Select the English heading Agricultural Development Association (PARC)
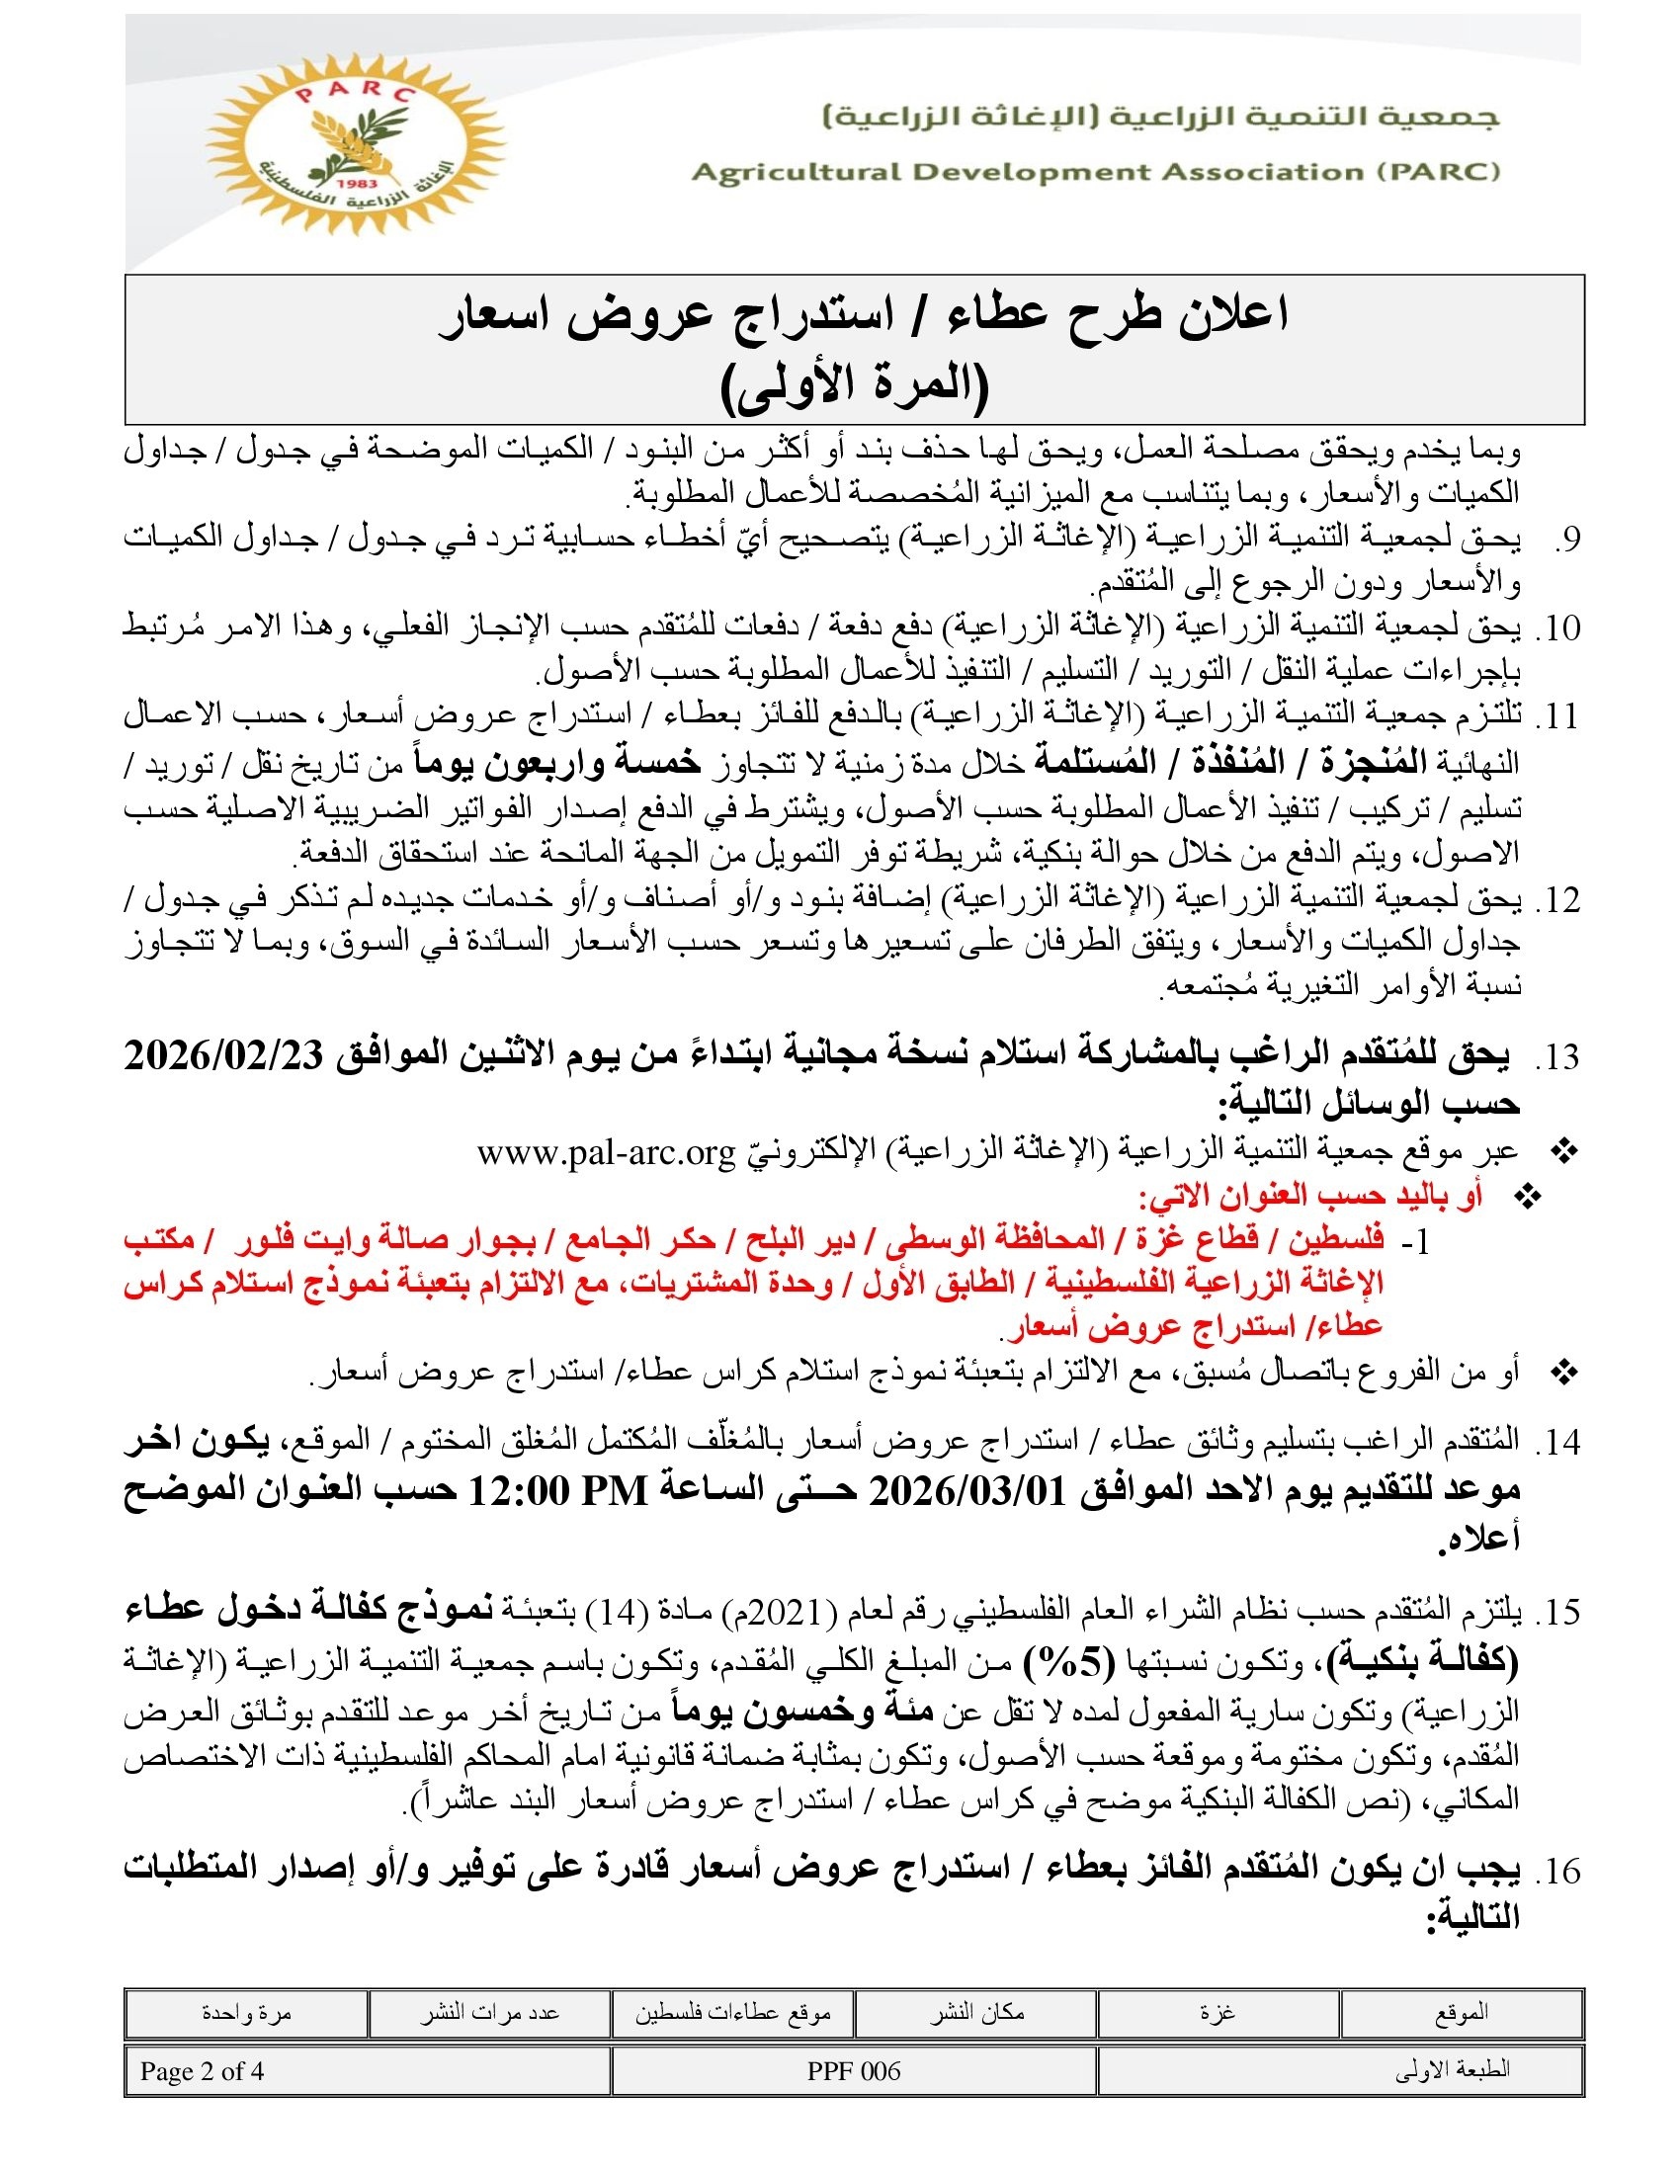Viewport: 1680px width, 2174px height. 1096,172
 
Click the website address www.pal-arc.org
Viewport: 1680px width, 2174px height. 605,1152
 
